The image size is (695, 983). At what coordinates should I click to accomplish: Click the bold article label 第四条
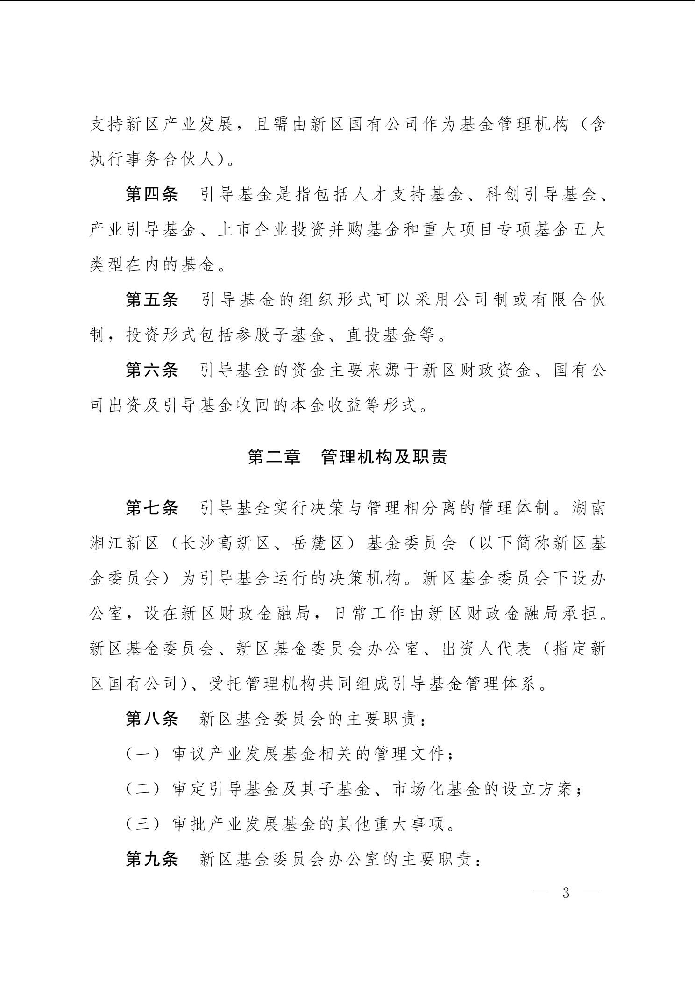pyautogui.click(x=152, y=194)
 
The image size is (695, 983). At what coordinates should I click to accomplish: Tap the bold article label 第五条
pyautogui.click(x=152, y=299)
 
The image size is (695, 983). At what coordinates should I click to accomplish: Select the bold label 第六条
pyautogui.click(x=152, y=370)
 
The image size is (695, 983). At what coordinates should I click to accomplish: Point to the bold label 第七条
pyautogui.click(x=152, y=508)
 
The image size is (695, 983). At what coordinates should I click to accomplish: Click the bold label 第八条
pyautogui.click(x=152, y=719)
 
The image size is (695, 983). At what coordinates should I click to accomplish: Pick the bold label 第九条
pyautogui.click(x=152, y=859)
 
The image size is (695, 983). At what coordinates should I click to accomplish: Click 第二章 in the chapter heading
pyautogui.click(x=274, y=457)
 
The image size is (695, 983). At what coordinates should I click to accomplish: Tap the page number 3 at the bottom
pyautogui.click(x=566, y=893)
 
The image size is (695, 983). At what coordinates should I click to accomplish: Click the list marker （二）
pyautogui.click(x=143, y=790)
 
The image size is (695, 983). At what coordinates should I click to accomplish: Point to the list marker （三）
pyautogui.click(x=143, y=825)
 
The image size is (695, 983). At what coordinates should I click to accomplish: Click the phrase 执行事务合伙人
pyautogui.click(x=152, y=160)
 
